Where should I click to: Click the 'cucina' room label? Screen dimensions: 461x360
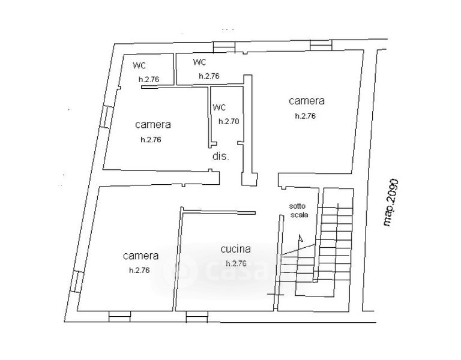coord(235,249)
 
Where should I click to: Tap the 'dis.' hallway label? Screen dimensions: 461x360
coord(221,157)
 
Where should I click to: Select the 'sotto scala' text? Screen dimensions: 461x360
coord(298,210)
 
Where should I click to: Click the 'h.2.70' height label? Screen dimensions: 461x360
coord(229,121)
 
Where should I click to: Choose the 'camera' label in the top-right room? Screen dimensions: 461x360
coord(306,101)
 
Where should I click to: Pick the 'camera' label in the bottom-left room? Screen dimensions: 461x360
coord(140,256)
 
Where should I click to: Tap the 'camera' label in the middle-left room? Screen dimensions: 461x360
coord(152,125)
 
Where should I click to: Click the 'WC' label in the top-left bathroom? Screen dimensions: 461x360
coord(139,65)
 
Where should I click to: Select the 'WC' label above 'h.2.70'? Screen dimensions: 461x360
coord(219,108)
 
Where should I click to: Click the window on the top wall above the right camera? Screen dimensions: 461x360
coord(320,45)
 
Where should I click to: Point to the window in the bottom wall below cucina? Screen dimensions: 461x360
coord(196,314)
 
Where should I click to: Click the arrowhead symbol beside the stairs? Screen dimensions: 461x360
coord(301,238)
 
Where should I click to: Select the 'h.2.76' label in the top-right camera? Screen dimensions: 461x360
coord(305,116)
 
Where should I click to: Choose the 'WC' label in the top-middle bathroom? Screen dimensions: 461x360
coord(200,62)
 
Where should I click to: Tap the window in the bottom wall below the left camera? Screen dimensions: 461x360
coord(119,314)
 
